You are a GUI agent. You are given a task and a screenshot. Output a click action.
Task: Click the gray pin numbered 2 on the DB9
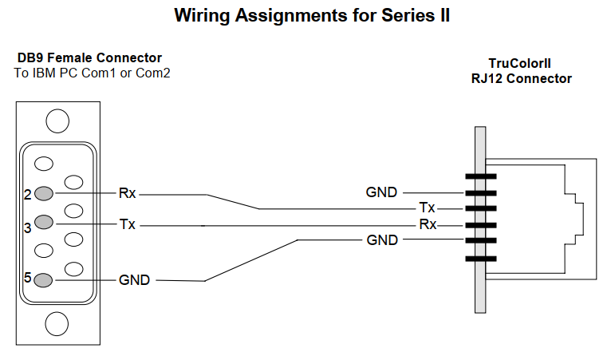45,193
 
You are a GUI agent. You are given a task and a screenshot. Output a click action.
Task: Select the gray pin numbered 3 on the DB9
45,222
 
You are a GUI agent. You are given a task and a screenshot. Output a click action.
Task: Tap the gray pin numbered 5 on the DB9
45,280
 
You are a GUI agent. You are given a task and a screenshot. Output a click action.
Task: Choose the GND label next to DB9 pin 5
135,280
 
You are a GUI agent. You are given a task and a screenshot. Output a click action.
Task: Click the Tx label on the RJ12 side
427,208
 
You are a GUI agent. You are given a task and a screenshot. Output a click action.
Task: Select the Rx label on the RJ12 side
428,224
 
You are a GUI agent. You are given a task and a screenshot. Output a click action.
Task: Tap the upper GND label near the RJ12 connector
382,192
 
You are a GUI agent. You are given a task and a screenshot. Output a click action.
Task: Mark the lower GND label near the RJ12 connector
382,239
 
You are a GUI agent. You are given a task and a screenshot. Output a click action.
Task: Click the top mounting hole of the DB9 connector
57,121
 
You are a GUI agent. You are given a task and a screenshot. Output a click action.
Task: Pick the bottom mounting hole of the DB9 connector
57,324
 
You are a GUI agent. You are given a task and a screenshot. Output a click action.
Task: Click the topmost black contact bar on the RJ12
480,176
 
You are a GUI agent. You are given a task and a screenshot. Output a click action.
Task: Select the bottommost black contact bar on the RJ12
480,258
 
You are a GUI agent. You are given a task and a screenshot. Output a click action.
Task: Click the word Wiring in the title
203,16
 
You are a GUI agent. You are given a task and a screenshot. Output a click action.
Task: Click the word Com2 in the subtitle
152,73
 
